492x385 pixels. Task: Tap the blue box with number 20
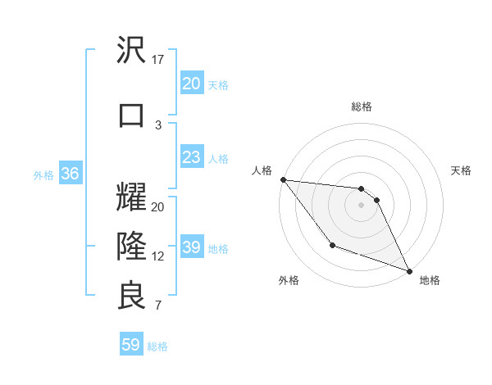point(191,83)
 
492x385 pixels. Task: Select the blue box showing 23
point(191,157)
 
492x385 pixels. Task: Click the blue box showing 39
point(191,247)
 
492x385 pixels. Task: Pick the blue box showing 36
point(70,174)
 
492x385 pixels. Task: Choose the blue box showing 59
point(130,345)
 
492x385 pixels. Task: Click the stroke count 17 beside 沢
point(158,60)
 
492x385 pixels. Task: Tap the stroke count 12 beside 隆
point(158,256)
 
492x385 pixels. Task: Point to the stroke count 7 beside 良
point(158,306)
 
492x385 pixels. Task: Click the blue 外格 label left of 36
point(43,174)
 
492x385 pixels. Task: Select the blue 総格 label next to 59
point(157,346)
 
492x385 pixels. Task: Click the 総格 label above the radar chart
point(361,106)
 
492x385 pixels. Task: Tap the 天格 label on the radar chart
point(462,170)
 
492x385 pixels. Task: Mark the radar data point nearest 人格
point(283,179)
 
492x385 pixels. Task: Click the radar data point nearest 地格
point(409,270)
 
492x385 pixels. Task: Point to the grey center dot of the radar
point(361,205)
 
